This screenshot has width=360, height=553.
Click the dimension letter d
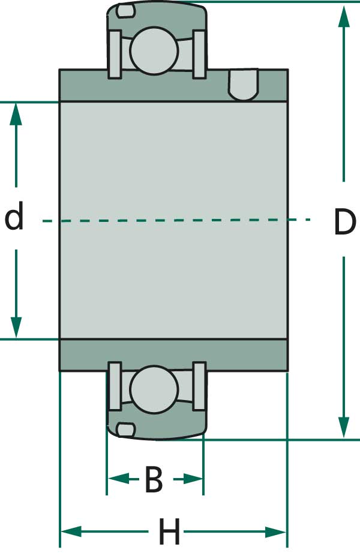pos(14,215)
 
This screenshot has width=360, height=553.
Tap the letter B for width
pos(154,479)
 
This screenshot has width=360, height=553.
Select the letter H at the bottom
pos(170,531)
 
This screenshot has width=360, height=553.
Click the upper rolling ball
pos(154,50)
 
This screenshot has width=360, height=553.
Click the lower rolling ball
pos(154,389)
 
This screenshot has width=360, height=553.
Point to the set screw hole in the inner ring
pos(244,85)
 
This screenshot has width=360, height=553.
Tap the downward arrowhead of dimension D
pos(344,427)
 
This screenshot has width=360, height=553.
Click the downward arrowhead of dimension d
pos(16,327)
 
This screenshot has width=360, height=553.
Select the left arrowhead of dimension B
pos(118,479)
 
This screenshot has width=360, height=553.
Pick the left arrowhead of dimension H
pos(72,531)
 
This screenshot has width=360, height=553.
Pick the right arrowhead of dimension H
pos(275,531)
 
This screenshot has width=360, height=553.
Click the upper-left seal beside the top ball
pos(115,54)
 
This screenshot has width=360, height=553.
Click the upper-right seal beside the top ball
pos(199,54)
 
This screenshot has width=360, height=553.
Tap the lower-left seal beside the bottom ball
pos(115,386)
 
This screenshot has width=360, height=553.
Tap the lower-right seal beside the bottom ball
pos(199,386)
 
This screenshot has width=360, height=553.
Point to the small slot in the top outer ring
pos(125,11)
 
